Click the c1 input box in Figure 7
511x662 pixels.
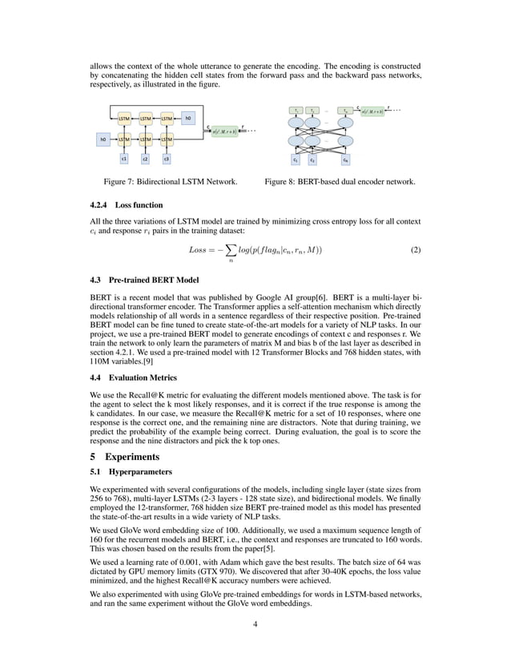124,159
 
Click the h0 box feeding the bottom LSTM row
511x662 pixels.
103,139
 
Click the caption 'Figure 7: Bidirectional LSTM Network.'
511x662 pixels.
165,182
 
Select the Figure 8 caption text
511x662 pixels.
340,182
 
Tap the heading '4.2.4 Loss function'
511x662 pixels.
127,204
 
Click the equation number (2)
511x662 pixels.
415,250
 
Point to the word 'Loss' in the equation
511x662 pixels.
198,250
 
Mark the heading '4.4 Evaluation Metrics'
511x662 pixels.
132,377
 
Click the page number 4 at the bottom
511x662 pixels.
255,625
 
